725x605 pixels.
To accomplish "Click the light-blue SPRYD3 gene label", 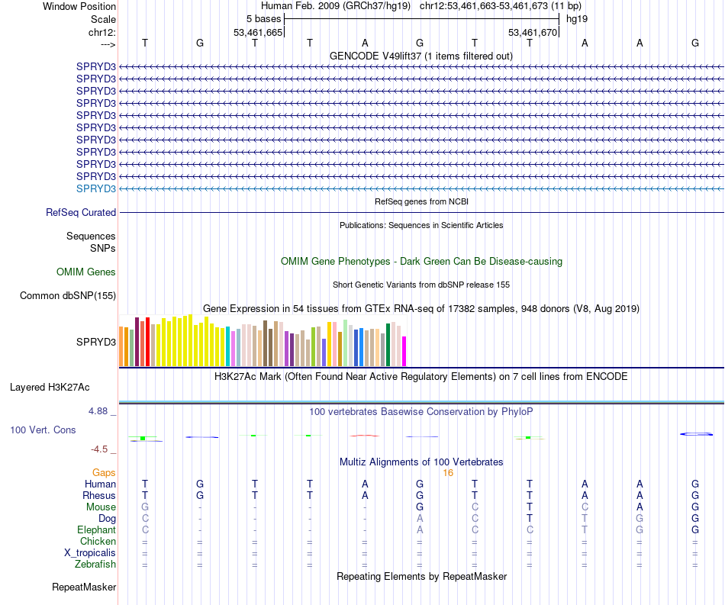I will [x=96, y=188].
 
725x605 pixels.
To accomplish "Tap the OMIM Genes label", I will [x=86, y=272].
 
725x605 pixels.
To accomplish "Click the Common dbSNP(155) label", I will [x=68, y=296].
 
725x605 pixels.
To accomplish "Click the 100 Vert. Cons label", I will [x=43, y=430].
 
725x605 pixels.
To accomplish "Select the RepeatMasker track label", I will [x=84, y=587].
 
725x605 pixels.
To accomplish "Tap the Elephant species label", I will [x=97, y=529].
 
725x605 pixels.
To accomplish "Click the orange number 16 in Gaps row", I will [x=448, y=473].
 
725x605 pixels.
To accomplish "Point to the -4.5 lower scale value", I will [x=101, y=449].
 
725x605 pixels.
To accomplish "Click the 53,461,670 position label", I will [x=533, y=33].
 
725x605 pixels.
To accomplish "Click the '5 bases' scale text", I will [x=263, y=18].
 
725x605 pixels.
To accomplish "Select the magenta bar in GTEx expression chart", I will [x=404, y=352].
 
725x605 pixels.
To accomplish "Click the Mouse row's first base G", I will [x=145, y=507].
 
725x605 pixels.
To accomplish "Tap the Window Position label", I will [x=79, y=6].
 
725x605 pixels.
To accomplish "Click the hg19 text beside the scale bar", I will [x=576, y=18].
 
